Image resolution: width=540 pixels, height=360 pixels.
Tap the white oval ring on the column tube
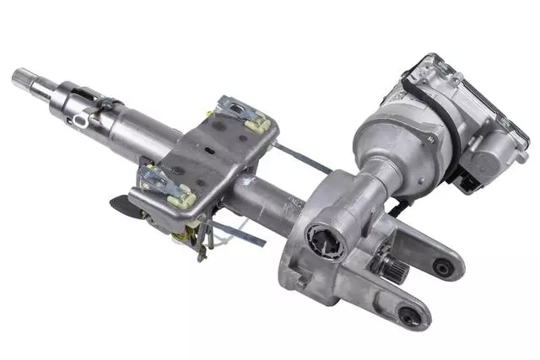click(x=80, y=121)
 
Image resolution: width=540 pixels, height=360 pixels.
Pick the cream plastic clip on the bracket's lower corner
click(x=182, y=198)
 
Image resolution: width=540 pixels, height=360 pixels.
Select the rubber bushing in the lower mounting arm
click(x=408, y=316)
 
